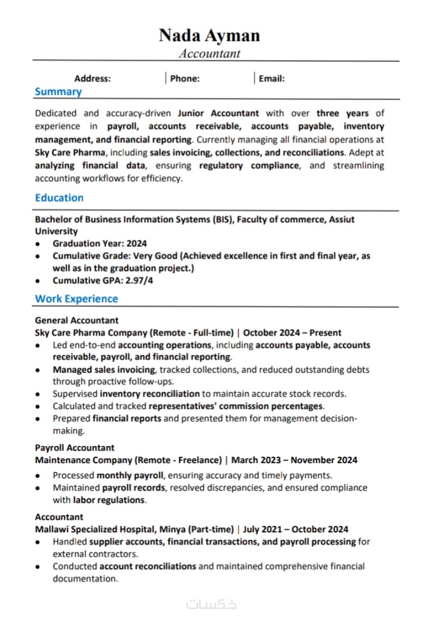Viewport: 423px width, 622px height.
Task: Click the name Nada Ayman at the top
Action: click(209, 35)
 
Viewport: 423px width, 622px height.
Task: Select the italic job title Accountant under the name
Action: click(209, 53)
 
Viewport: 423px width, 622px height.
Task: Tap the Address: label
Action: click(93, 79)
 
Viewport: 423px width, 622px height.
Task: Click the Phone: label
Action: click(185, 79)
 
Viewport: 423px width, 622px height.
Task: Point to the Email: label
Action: click(272, 79)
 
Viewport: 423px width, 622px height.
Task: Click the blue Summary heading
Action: click(58, 92)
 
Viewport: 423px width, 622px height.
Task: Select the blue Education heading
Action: click(59, 198)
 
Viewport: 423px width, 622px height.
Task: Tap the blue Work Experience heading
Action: click(77, 299)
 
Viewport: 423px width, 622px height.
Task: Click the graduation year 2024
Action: click(136, 243)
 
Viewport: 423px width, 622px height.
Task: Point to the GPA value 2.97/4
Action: click(140, 280)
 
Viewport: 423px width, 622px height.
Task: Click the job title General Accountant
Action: click(77, 321)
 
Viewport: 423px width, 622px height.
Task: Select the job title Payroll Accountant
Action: click(75, 448)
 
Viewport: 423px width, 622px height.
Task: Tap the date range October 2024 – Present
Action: click(292, 333)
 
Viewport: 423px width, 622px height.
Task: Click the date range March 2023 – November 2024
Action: click(294, 460)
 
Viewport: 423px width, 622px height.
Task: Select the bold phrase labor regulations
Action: click(109, 500)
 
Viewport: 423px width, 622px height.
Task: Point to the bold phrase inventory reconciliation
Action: click(150, 393)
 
